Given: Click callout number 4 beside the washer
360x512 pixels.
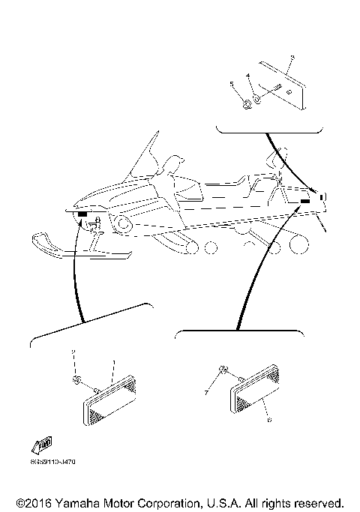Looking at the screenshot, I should (248, 76).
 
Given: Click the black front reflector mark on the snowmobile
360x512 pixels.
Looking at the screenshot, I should (81, 214).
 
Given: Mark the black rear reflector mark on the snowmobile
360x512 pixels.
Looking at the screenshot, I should (305, 202).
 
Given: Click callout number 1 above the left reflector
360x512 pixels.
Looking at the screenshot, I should (112, 363).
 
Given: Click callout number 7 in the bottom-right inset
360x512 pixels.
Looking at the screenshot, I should (205, 392).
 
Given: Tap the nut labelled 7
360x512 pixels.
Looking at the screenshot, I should (223, 371).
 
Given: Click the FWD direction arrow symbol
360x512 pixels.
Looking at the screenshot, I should (43, 445).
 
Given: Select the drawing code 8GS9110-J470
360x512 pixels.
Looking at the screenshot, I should (53, 462).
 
